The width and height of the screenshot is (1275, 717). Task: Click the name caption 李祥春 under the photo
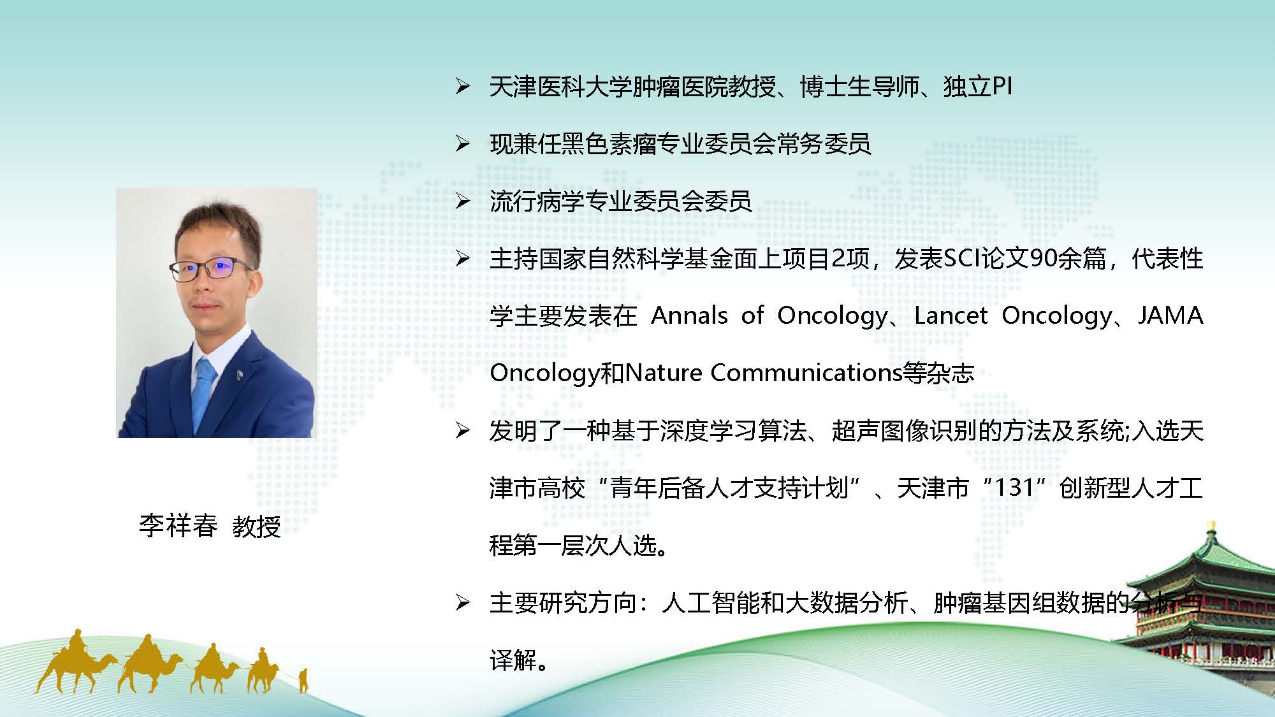tap(178, 526)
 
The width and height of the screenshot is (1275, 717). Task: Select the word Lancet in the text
tap(951, 315)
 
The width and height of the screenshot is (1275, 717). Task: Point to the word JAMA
tap(1170, 315)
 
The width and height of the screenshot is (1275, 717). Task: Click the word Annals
tap(689, 315)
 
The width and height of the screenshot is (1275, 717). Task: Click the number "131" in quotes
tap(1014, 488)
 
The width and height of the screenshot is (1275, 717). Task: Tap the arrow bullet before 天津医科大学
tap(463, 87)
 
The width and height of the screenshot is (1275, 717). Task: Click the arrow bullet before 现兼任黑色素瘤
tap(463, 144)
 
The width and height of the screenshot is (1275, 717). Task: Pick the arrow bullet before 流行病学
tap(463, 201)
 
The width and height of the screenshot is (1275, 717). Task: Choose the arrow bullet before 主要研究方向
tap(463, 603)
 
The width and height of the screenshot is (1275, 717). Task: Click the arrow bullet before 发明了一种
tap(463, 431)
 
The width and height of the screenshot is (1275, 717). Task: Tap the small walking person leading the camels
tap(303, 680)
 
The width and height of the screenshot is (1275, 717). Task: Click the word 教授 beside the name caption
tap(256, 526)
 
